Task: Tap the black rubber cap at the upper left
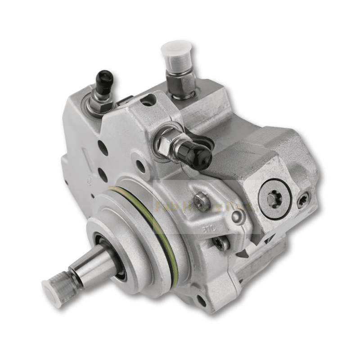click(104, 80)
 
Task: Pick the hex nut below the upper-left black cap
click(100, 104)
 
